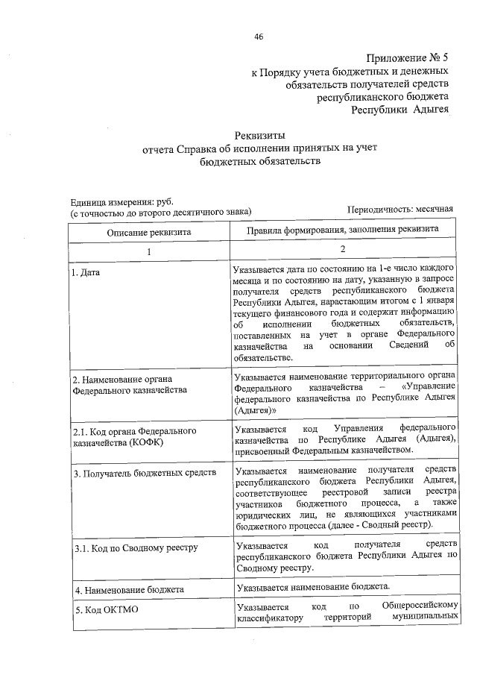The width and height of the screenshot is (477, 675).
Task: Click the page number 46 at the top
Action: (x=259, y=37)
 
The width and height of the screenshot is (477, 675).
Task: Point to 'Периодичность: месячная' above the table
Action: (x=400, y=212)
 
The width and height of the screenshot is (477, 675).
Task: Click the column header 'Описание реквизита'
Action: (x=149, y=232)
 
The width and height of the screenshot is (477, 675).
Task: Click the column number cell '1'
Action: (x=148, y=252)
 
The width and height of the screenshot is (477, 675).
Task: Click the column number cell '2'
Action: (x=343, y=251)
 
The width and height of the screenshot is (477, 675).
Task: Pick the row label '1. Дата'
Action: (x=86, y=273)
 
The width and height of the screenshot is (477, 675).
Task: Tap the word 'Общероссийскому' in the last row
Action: (x=417, y=606)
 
